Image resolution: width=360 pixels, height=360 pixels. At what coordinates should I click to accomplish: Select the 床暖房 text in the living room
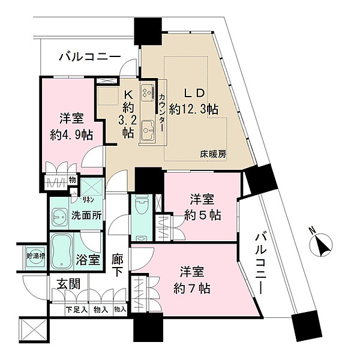tap(214, 154)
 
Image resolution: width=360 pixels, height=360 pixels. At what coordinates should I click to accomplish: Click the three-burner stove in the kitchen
tap(147, 93)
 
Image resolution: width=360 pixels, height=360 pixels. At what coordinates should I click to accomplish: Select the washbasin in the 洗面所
tap(60, 215)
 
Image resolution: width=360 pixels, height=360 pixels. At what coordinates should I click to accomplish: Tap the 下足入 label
tap(76, 310)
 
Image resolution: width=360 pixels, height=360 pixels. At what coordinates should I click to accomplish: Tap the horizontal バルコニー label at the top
tap(90, 58)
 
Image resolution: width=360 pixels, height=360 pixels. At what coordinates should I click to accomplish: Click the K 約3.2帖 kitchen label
tap(128, 113)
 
